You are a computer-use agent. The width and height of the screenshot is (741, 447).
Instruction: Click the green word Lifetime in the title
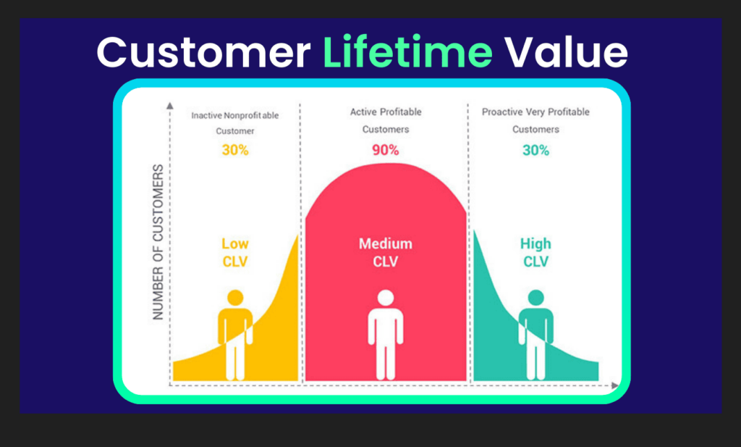click(407, 53)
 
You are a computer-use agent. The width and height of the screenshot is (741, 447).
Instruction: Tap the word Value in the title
click(565, 53)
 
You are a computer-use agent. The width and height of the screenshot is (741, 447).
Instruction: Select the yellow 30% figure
click(234, 151)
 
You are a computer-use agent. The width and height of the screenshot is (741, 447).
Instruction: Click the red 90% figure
click(386, 151)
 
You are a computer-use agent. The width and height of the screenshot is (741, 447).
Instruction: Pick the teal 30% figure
click(535, 151)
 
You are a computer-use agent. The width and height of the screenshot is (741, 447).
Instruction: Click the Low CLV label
click(234, 252)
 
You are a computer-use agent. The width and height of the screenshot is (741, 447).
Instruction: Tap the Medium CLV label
click(385, 252)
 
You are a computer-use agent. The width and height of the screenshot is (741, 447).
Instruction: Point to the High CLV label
click(535, 252)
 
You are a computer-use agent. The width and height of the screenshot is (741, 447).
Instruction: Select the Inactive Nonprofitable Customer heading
click(234, 123)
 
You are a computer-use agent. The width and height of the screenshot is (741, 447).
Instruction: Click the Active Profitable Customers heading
click(386, 120)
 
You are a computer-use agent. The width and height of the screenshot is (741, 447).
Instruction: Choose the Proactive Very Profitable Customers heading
click(535, 120)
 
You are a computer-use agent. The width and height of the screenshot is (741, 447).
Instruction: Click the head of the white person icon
click(386, 297)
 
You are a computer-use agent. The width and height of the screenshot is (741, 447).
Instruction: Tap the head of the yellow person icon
click(234, 297)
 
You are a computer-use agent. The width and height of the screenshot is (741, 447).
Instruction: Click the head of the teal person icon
click(535, 297)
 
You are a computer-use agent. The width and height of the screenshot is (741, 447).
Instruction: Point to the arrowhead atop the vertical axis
click(169, 106)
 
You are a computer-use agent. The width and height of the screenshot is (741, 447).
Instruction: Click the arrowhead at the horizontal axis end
click(615, 385)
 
